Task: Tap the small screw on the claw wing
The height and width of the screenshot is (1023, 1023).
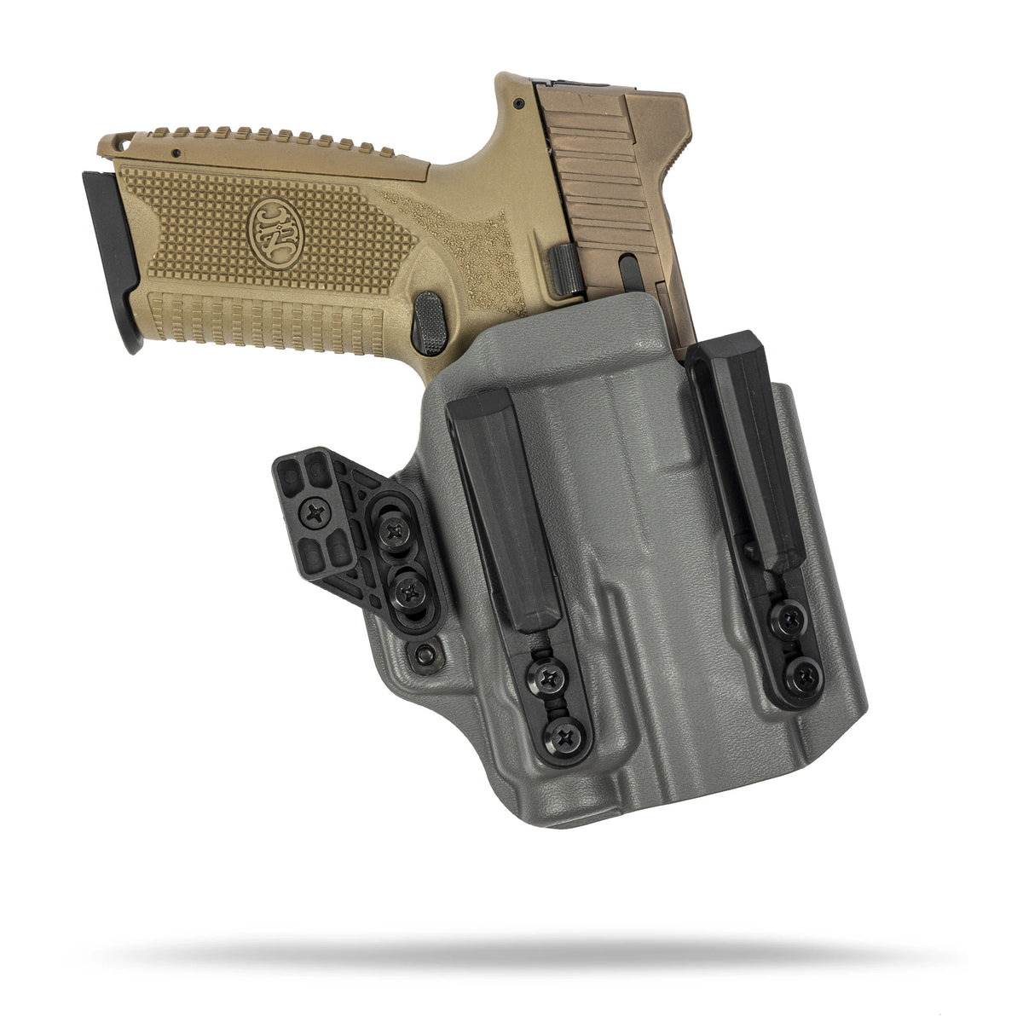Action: pyautogui.click(x=318, y=513)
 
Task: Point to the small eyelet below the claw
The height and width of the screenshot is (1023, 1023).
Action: pyautogui.click(x=424, y=656)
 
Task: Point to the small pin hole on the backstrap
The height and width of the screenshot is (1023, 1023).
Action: pyautogui.click(x=176, y=153)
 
